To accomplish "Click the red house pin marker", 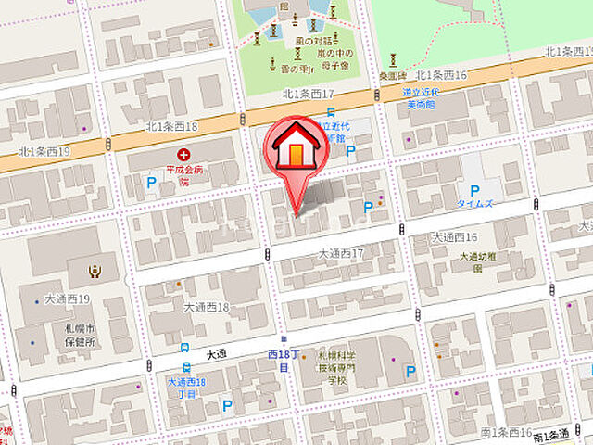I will (295, 153).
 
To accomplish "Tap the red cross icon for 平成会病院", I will (183, 155).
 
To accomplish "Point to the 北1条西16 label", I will (441, 74).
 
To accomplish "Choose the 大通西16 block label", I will (454, 238).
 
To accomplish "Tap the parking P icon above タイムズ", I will (475, 184).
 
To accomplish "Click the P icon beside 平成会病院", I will (151, 184).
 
